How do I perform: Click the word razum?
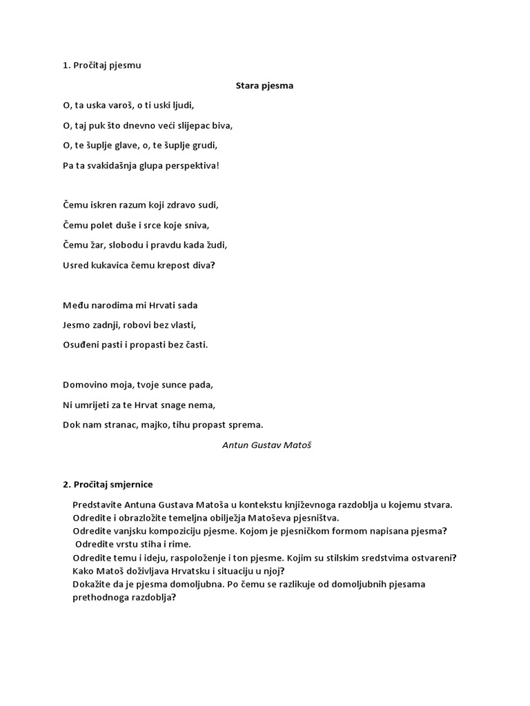130,205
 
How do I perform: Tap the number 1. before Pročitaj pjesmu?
66,66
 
